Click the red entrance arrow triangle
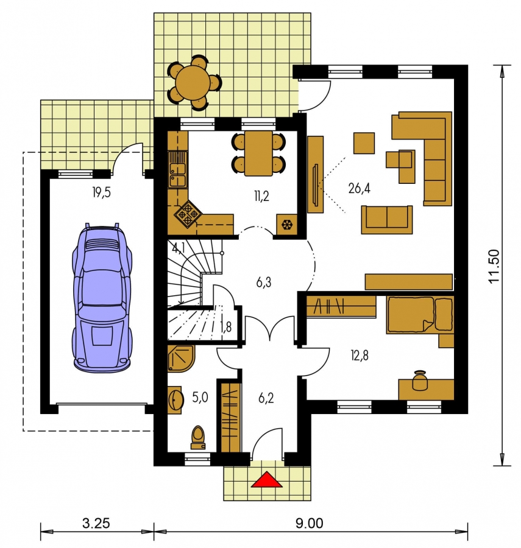point(267,480)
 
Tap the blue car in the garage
point(102,297)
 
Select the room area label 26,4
point(359,188)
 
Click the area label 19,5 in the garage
point(101,192)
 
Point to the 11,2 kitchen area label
point(261,197)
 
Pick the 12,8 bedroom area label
point(360,356)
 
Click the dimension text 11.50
point(495,266)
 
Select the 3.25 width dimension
point(96,524)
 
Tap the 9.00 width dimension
point(309,524)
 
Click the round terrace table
point(193,82)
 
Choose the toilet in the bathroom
point(198,437)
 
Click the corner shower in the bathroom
point(181,359)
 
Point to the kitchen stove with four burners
point(188,214)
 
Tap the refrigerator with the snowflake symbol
point(287,224)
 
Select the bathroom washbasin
point(175,400)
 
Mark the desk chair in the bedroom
point(420,380)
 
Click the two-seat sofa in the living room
point(387,219)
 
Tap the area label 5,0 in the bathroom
point(200,398)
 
